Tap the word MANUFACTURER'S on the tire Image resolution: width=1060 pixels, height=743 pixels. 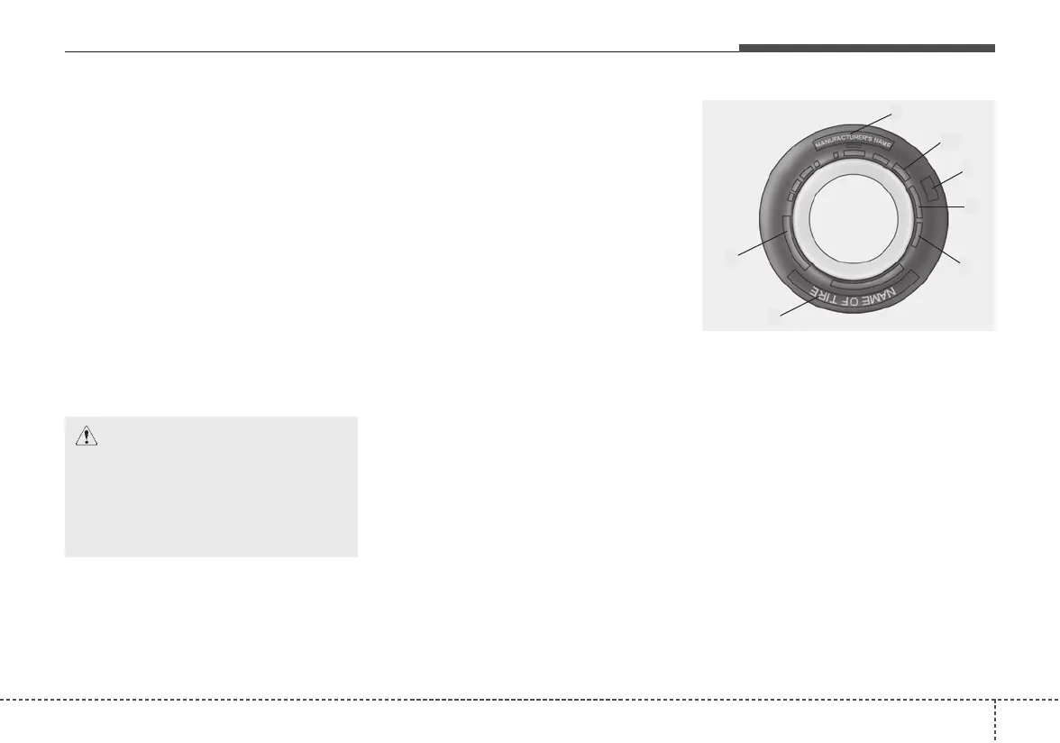point(838,142)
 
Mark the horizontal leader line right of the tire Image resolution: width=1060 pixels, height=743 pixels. point(943,208)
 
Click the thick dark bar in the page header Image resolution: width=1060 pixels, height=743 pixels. point(866,48)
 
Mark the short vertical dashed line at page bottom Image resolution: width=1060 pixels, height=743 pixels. point(995,721)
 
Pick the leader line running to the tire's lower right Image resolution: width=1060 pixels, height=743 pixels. point(942,250)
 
